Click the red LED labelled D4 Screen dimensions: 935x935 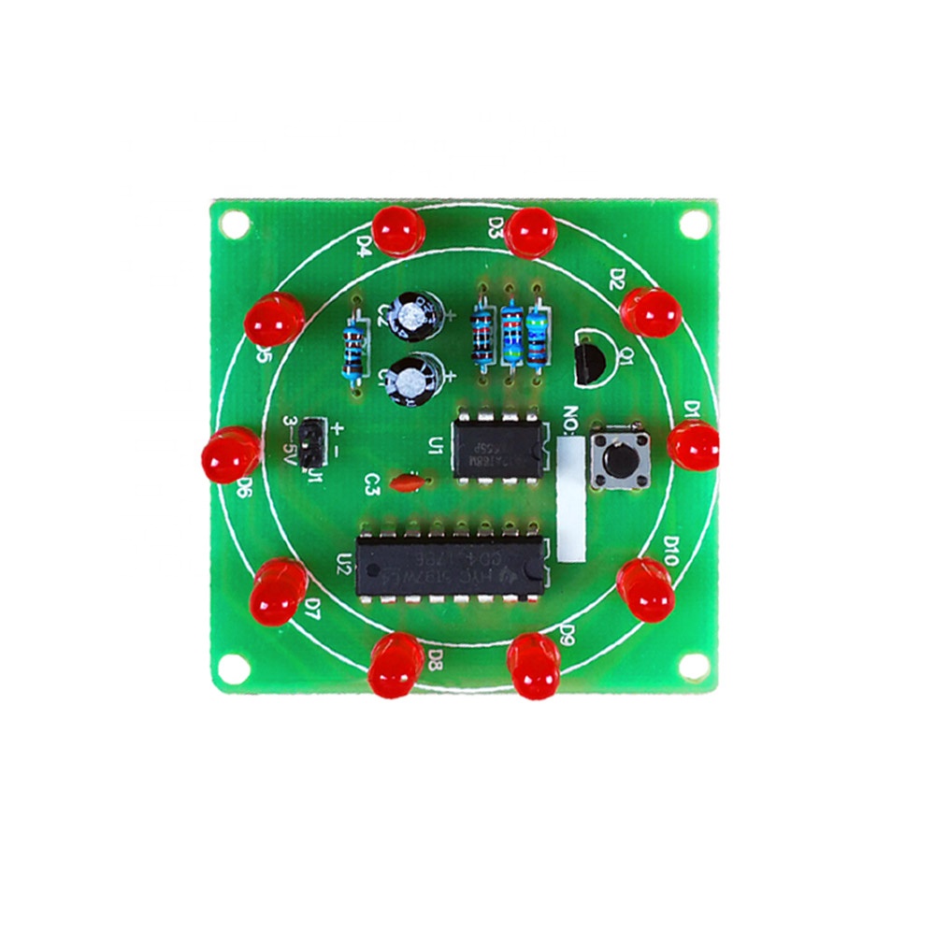coord(398,230)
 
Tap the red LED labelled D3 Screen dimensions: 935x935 coord(531,233)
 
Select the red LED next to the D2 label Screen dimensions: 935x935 coord(651,312)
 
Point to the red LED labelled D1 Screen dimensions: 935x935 coord(695,445)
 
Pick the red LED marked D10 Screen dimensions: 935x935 coord(646,589)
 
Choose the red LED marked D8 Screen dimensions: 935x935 coord(396,665)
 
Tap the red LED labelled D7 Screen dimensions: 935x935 coord(278,592)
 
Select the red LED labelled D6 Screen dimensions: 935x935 coord(230,453)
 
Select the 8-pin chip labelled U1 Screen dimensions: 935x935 coord(496,448)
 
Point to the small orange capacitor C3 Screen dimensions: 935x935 coord(407,483)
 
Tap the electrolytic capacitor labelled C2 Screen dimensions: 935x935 coord(411,313)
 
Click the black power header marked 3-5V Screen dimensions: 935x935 coord(313,440)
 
